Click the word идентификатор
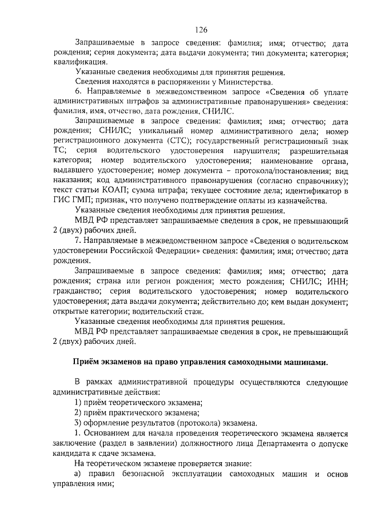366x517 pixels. (313, 190)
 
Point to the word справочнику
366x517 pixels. (319, 180)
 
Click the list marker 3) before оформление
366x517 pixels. (79, 423)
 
